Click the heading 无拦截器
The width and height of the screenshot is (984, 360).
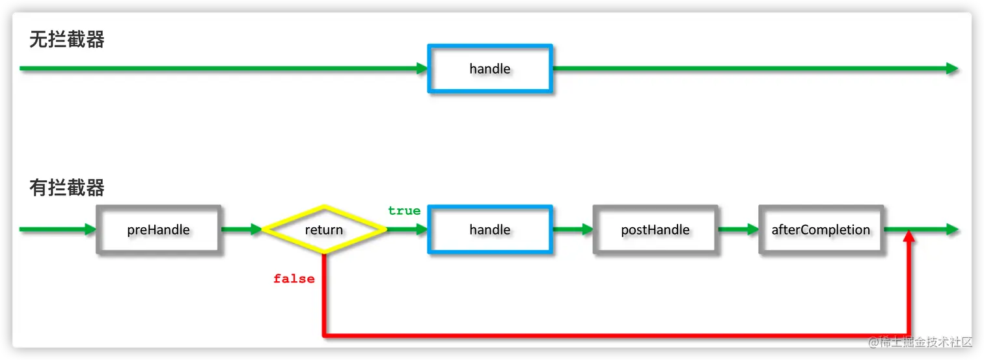tap(67, 40)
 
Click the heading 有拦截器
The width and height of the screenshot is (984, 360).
tap(67, 188)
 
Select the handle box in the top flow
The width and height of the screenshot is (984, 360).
tap(489, 68)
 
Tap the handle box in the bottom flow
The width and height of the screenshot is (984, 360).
tap(489, 229)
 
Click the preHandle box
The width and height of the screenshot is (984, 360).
tap(159, 229)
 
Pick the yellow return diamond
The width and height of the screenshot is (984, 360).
tap(324, 229)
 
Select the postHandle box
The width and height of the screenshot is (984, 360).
tap(655, 229)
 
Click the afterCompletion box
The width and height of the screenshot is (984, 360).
tap(821, 229)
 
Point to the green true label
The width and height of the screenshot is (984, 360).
tap(404, 211)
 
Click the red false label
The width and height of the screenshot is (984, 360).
tap(294, 279)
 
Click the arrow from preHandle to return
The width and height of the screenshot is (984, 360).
tap(241, 229)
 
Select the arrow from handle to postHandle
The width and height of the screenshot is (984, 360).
tap(573, 229)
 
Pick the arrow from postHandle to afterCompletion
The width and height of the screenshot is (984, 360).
tap(738, 229)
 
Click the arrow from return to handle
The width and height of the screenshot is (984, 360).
tap(407, 229)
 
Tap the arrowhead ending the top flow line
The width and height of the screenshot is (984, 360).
tap(952, 68)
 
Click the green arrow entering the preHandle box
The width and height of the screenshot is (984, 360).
tap(59, 229)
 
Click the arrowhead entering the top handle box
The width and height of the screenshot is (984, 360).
tap(422, 68)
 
